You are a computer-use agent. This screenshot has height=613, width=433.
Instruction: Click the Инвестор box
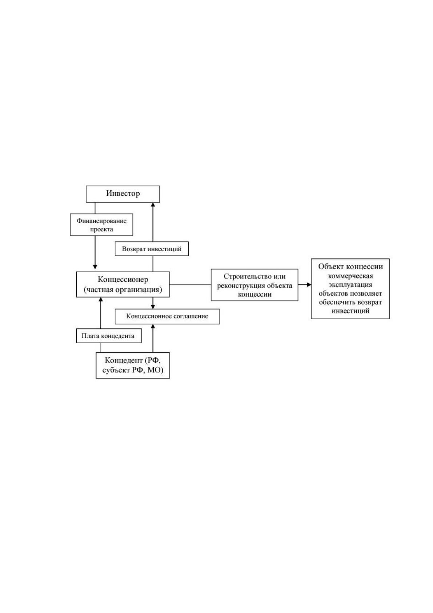coord(123,194)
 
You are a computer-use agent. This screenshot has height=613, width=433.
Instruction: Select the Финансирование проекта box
coord(101,225)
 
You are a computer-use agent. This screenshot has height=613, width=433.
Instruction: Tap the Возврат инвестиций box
coord(152,249)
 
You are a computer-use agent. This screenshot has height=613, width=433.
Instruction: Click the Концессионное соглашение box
coord(167,317)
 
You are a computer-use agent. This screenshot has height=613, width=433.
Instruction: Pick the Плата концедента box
coord(109,336)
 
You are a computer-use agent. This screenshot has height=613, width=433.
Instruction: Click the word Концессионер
coord(123,280)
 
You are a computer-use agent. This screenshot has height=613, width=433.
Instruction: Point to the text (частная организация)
coord(123,290)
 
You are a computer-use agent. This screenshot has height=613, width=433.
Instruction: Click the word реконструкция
coord(241,286)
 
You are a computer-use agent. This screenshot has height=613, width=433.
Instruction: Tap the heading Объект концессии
coord(350,266)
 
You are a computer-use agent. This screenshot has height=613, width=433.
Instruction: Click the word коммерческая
coord(350,276)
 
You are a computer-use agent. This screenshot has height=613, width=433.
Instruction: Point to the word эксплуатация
coord(350,285)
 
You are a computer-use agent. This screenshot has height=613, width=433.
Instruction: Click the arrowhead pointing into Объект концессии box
coord(309,285)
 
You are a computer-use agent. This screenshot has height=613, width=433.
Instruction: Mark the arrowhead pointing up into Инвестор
coord(153,205)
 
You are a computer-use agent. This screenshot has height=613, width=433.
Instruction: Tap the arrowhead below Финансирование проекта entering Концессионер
coord(95,267)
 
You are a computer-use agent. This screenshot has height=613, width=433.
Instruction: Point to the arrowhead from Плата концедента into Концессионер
coord(101,299)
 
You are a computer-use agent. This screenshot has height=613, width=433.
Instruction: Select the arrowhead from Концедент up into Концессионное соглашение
coord(153,327)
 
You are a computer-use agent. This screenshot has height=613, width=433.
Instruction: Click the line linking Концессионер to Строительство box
coord(190,285)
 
